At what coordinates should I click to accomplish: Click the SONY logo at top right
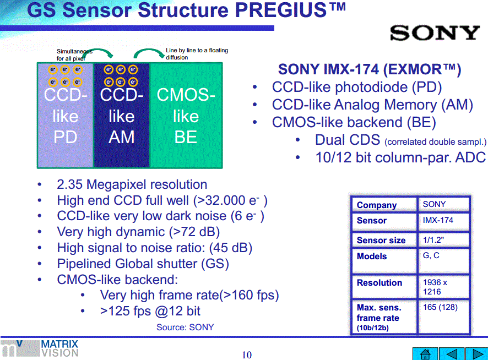click(x=435, y=33)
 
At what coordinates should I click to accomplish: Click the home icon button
click(x=425, y=353)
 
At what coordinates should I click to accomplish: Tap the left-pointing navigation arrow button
click(x=451, y=353)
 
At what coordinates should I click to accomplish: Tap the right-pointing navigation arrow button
click(x=476, y=353)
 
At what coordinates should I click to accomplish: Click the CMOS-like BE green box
click(x=186, y=116)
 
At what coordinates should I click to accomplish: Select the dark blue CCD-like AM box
click(x=121, y=116)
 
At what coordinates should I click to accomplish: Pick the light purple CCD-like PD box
click(x=65, y=116)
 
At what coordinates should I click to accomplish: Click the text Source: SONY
click(x=185, y=327)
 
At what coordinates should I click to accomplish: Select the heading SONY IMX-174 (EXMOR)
click(x=369, y=69)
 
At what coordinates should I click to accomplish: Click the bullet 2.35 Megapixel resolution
click(x=132, y=184)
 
